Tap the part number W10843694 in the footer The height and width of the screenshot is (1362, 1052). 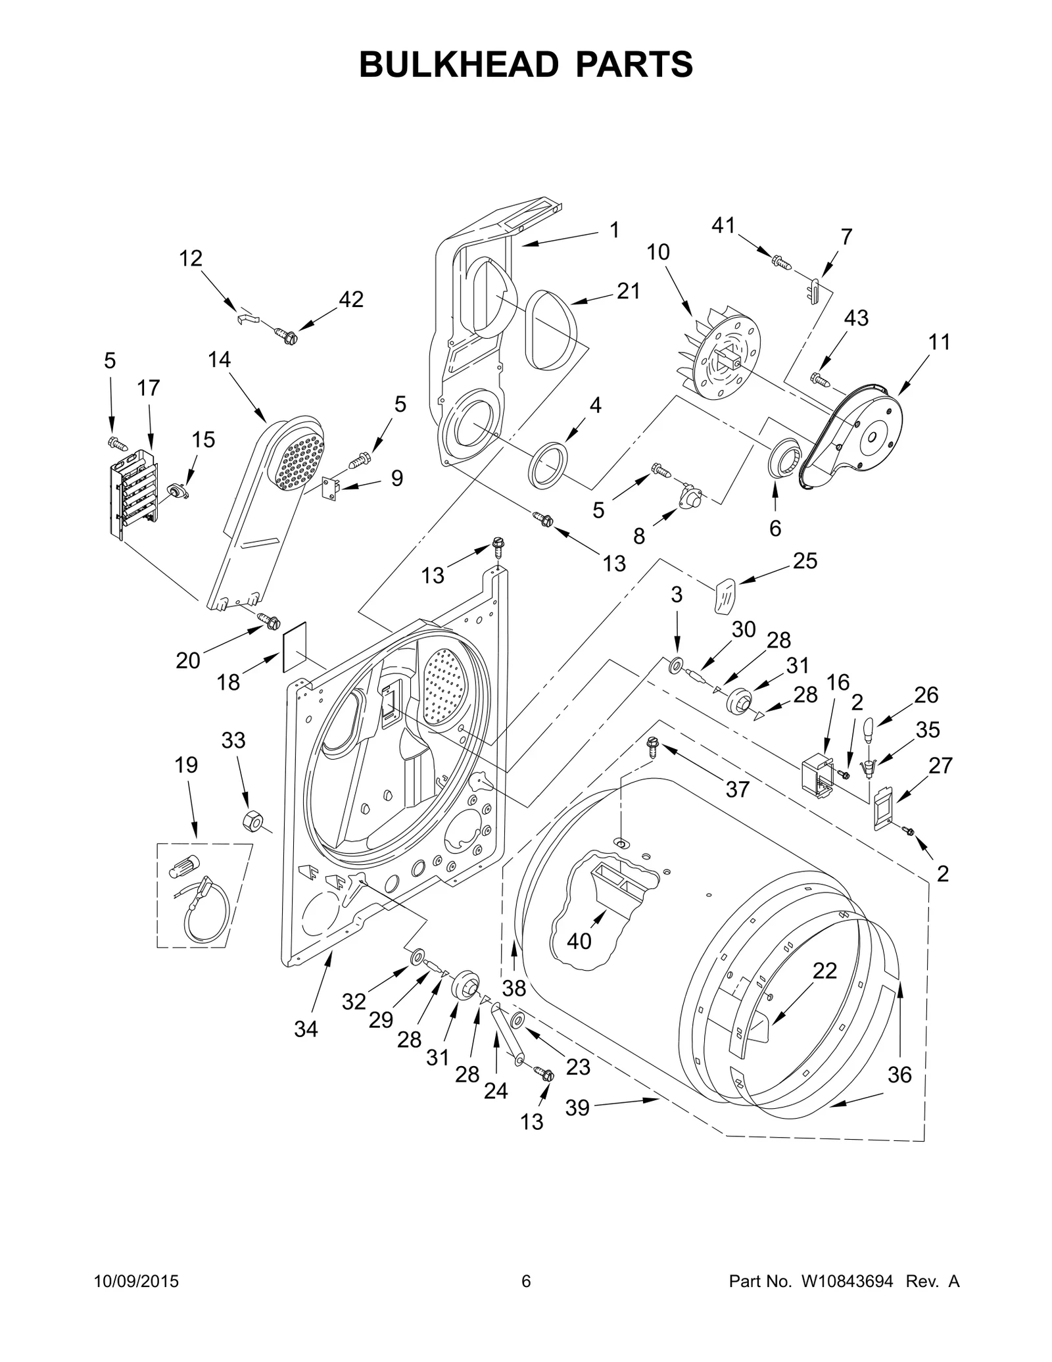(x=847, y=1282)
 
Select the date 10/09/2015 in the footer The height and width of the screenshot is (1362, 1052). (x=136, y=1282)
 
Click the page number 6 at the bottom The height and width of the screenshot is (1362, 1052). (x=525, y=1282)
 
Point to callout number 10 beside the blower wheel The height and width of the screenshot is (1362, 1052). (x=657, y=252)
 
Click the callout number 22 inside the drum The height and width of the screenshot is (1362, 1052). (x=825, y=971)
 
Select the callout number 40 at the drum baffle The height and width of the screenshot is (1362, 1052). (x=579, y=941)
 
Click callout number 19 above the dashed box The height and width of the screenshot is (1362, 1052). (x=186, y=765)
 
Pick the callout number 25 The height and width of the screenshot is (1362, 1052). (x=805, y=560)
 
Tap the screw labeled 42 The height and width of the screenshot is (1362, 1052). (x=287, y=337)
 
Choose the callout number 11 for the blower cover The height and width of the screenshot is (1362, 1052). (x=940, y=342)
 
